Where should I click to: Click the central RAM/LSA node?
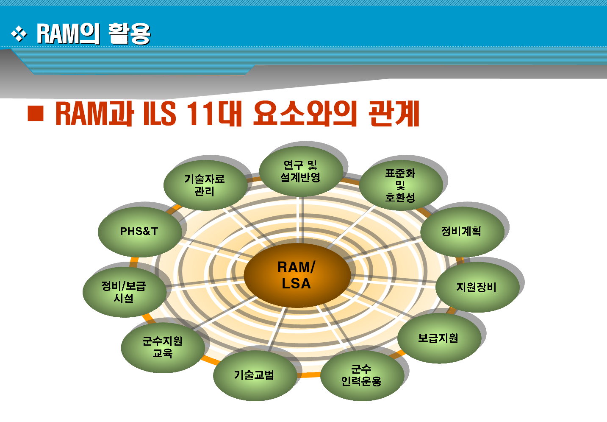point(297,275)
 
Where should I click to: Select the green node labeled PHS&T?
point(139,232)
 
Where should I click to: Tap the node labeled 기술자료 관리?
point(205,185)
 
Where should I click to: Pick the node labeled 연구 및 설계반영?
point(301,171)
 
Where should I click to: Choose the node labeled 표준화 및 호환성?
point(400,185)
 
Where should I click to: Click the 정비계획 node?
point(462,232)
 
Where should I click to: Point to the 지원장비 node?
point(477,288)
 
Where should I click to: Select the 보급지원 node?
point(439,338)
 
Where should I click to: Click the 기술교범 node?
point(255,375)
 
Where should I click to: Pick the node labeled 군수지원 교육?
point(163,347)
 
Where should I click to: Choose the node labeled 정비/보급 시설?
point(124,292)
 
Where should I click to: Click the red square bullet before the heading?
point(36,114)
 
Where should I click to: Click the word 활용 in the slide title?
point(129,34)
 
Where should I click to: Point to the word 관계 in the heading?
point(394,114)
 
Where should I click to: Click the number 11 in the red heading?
point(200,114)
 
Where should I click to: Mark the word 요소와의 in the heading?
point(305,114)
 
